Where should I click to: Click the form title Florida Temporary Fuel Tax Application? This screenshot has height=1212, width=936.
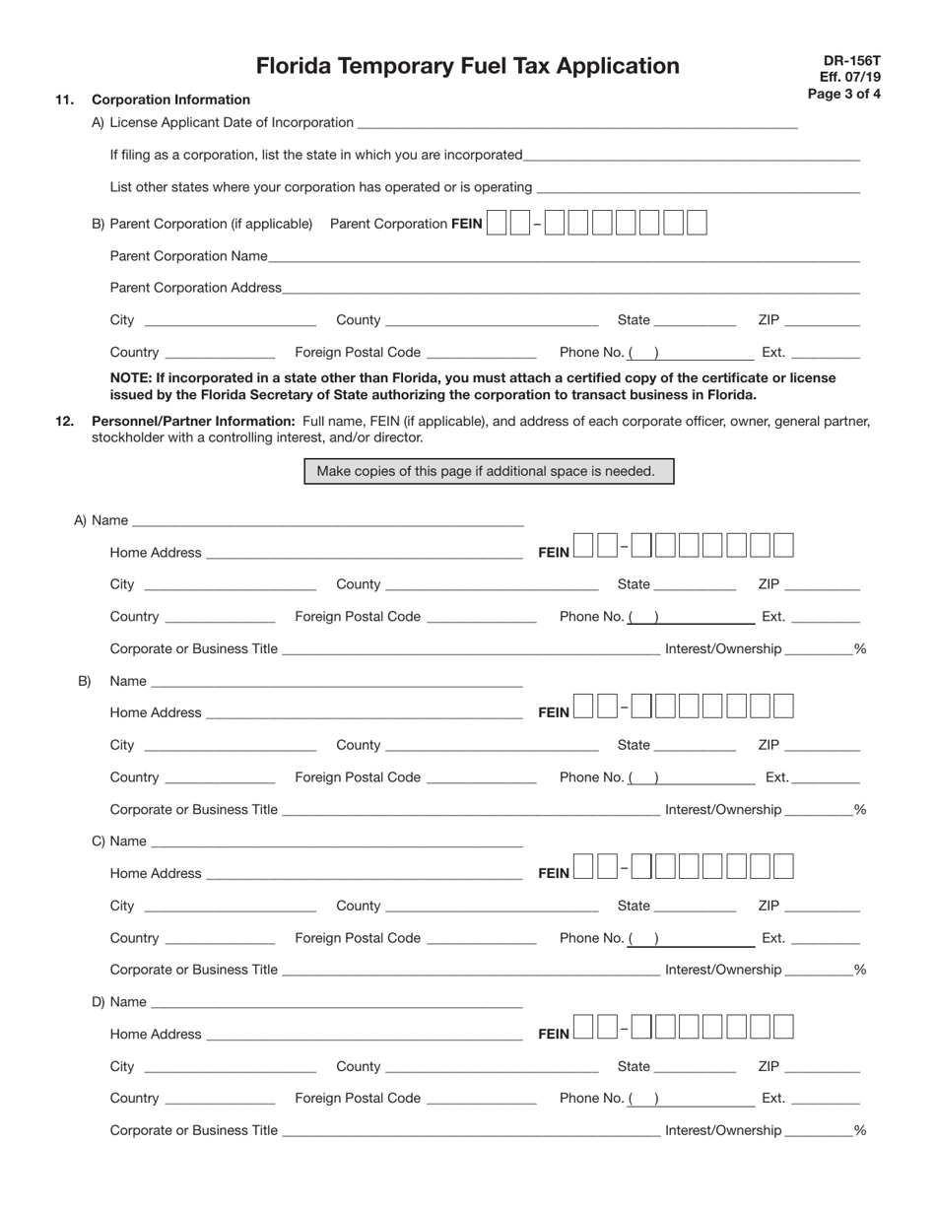pyautogui.click(x=467, y=66)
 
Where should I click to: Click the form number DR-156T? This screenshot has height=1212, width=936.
pyautogui.click(x=851, y=60)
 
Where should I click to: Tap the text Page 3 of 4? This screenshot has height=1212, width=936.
pyautogui.click(x=843, y=95)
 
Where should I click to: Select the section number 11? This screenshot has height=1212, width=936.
pyautogui.click(x=64, y=100)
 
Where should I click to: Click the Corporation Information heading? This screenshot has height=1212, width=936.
pyautogui.click(x=170, y=100)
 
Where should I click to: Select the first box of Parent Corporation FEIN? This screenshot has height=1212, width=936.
pyautogui.click(x=497, y=224)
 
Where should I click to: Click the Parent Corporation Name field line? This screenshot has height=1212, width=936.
pyautogui.click(x=564, y=256)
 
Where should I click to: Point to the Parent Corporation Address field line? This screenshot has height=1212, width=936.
pyautogui.click(x=570, y=288)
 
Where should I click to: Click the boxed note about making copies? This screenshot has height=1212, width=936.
pyautogui.click(x=489, y=471)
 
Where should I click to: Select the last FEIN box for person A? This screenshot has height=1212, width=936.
pyautogui.click(x=783, y=545)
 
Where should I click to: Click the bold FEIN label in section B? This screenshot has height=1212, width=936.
pyautogui.click(x=554, y=712)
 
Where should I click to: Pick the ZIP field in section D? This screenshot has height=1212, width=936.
pyautogui.click(x=823, y=1066)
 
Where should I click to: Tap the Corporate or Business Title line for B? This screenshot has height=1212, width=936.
pyautogui.click(x=471, y=810)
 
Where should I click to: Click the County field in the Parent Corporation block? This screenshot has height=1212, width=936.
pyautogui.click(x=494, y=319)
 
